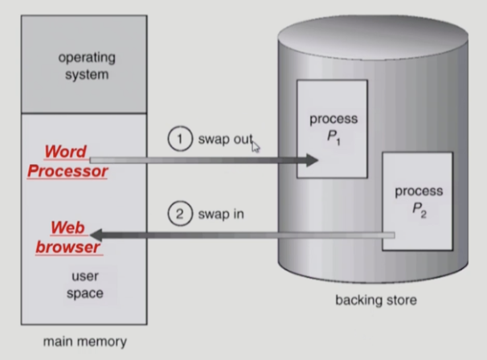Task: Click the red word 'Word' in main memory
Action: [x=67, y=151]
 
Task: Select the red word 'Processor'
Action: [x=68, y=170]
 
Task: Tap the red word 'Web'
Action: [x=68, y=228]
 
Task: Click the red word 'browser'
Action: [x=68, y=247]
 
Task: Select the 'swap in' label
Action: [x=222, y=215]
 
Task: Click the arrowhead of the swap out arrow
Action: [x=312, y=161]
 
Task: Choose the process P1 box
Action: [x=332, y=129]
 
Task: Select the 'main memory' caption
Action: [x=84, y=342]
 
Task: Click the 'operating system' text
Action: [x=86, y=67]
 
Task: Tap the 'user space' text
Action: [x=84, y=285]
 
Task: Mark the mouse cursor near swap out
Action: [x=256, y=145]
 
